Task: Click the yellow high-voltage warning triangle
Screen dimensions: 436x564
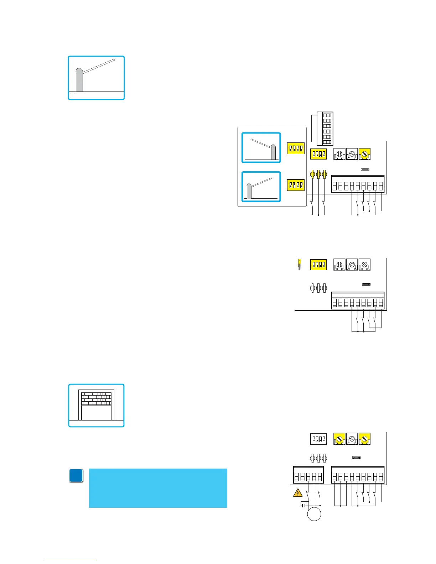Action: click(x=297, y=493)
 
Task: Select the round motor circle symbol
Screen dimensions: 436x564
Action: click(x=314, y=515)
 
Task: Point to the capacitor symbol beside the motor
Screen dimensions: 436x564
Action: click(x=303, y=505)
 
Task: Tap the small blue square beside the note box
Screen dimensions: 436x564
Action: click(x=76, y=476)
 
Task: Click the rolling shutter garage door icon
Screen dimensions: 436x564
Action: click(x=96, y=406)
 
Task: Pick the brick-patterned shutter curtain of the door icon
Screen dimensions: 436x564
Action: click(x=96, y=399)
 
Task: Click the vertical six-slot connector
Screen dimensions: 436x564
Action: click(x=325, y=129)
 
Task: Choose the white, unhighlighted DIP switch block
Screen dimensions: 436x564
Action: click(x=318, y=439)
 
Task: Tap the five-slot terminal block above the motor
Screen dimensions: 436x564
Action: click(x=308, y=475)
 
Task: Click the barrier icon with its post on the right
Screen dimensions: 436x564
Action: click(x=261, y=148)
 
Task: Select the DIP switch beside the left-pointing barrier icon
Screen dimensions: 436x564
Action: click(x=296, y=148)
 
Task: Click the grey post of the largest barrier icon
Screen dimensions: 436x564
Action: click(x=79, y=81)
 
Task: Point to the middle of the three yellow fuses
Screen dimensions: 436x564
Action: click(x=318, y=174)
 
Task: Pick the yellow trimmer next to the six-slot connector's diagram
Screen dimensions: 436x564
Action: click(x=364, y=154)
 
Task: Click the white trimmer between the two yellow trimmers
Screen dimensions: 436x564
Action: click(x=352, y=439)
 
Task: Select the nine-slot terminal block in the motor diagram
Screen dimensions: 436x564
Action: click(x=358, y=475)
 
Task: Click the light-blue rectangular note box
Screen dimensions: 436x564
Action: click(x=158, y=488)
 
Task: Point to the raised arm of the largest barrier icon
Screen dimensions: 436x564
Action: click(x=99, y=66)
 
